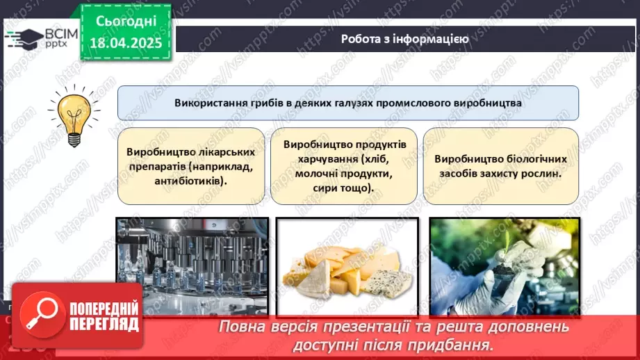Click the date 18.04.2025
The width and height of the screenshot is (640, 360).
pos(124,42)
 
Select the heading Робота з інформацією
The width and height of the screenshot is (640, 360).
pos(404,39)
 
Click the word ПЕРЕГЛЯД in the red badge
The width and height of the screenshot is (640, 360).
pos(104,324)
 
